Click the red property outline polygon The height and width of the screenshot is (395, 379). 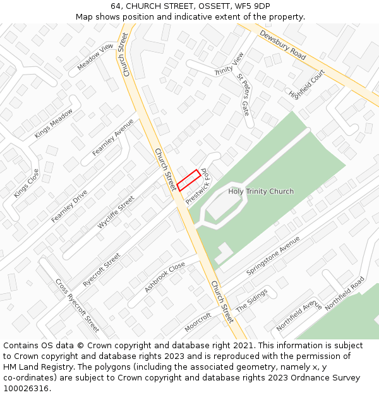pyautogui.click(x=188, y=180)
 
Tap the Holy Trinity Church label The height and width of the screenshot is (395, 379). pyautogui.click(x=261, y=191)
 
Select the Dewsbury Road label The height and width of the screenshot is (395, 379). pyautogui.click(x=282, y=46)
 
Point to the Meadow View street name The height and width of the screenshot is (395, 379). pyautogui.click(x=95, y=57)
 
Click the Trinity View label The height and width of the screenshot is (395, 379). pyautogui.click(x=229, y=64)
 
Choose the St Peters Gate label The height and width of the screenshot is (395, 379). pyautogui.click(x=243, y=95)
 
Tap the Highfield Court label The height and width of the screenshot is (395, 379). pyautogui.click(x=306, y=84)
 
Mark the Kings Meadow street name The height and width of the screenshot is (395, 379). pyautogui.click(x=54, y=123)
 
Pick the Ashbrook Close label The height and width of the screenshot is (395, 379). pyautogui.click(x=164, y=277)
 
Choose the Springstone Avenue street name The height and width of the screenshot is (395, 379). pyautogui.click(x=273, y=255)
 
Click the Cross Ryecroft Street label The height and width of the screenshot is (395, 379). pyautogui.click(x=77, y=305)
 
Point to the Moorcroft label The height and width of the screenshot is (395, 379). pyautogui.click(x=198, y=322)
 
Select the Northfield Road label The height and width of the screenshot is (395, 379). pyautogui.click(x=345, y=291)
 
